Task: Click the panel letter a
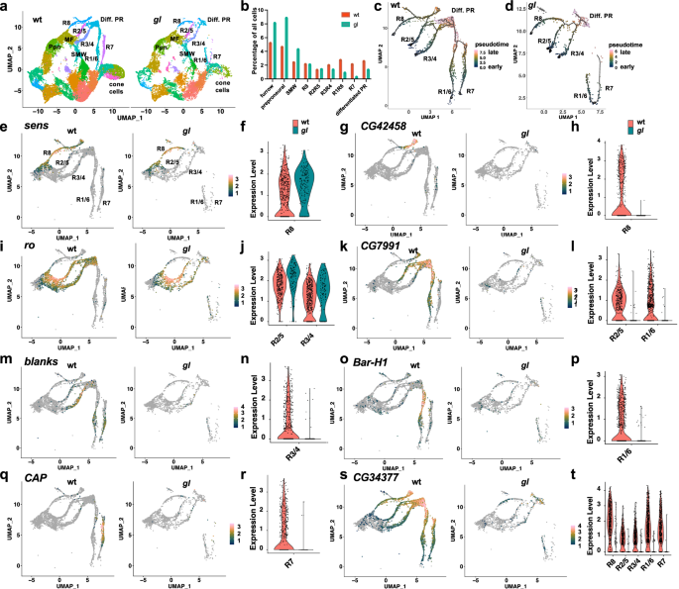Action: (x=6, y=7)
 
